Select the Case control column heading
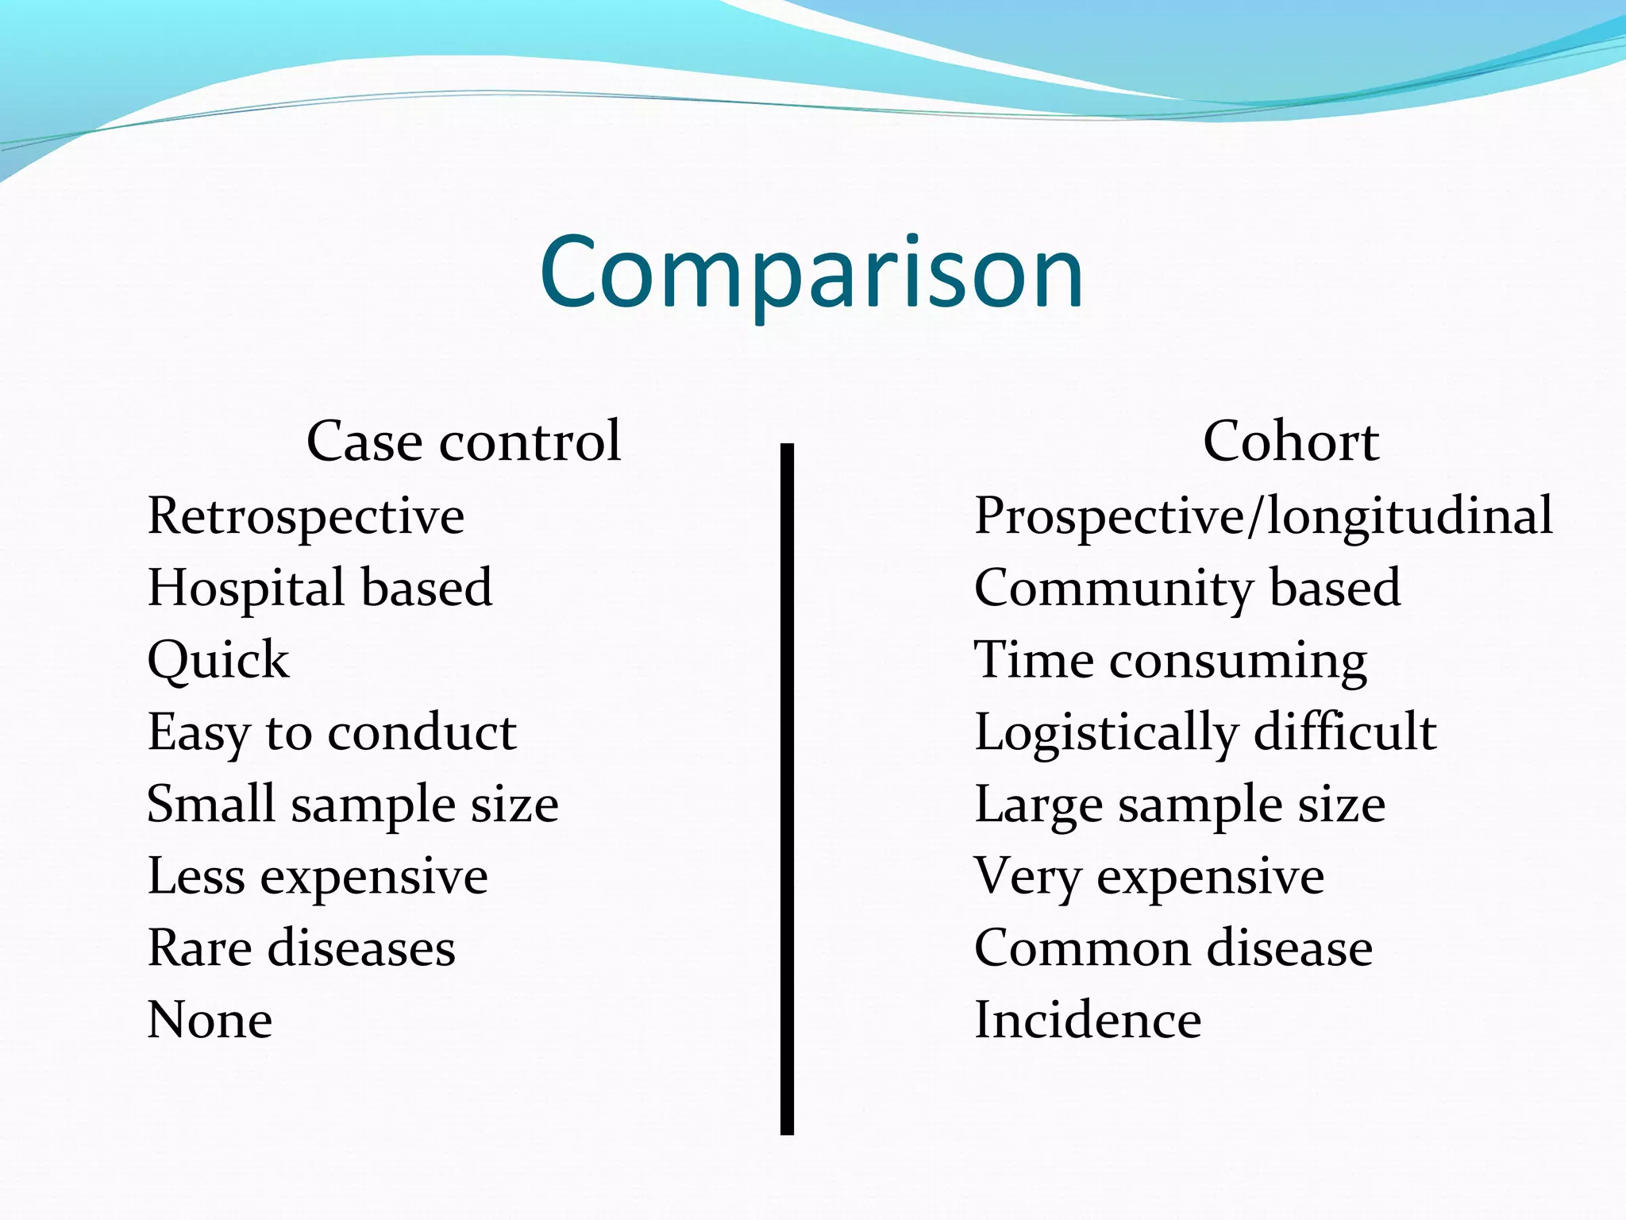464,441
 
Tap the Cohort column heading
1290,441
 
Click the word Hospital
245,589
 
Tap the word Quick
218,662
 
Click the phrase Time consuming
1170,662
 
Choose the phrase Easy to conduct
332,733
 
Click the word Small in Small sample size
211,804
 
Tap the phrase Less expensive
318,878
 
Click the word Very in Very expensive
1027,878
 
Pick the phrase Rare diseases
302,948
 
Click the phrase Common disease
1173,948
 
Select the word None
210,1021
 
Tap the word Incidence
1088,1021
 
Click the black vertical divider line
787,786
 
